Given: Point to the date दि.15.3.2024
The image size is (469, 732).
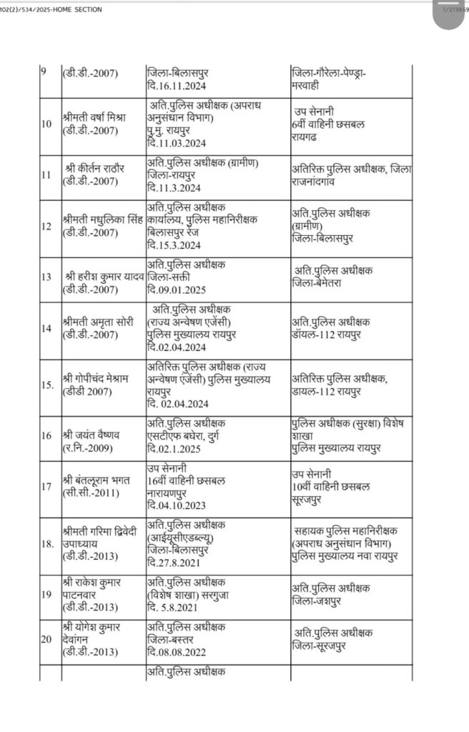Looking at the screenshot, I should pos(174,244).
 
